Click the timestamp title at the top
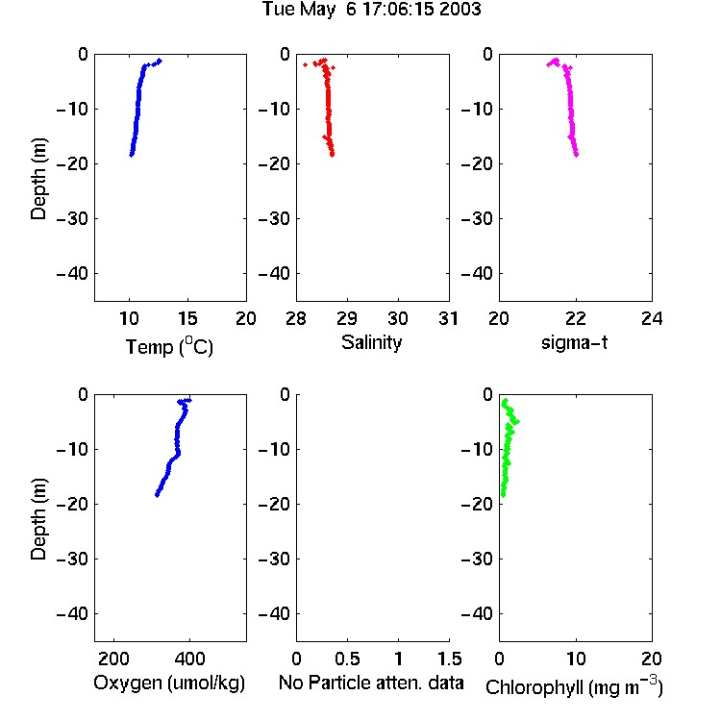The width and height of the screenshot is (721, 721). pyautogui.click(x=371, y=10)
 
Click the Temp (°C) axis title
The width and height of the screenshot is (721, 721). pyautogui.click(x=169, y=346)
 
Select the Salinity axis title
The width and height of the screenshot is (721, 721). pyautogui.click(x=371, y=342)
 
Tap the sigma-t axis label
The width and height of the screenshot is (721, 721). pyautogui.click(x=574, y=342)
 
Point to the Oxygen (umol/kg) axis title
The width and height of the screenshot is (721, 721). pyautogui.click(x=169, y=683)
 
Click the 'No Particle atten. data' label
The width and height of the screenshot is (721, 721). pyautogui.click(x=371, y=683)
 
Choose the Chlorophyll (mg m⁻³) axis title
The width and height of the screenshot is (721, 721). pyautogui.click(x=574, y=686)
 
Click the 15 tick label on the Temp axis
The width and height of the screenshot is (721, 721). pyautogui.click(x=187, y=318)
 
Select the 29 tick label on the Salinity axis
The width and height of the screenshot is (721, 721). pyautogui.click(x=347, y=318)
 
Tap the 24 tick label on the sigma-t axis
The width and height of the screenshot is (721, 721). pyautogui.click(x=652, y=318)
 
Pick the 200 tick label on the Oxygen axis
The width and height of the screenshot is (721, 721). pyautogui.click(x=113, y=659)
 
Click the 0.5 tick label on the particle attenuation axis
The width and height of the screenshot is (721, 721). pyautogui.click(x=347, y=659)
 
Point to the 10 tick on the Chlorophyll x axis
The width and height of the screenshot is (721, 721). pyautogui.click(x=576, y=659)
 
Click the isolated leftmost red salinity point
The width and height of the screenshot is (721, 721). pyautogui.click(x=306, y=64)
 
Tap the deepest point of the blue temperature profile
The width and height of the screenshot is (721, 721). pyautogui.click(x=132, y=155)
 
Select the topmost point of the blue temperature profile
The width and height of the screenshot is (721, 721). pyautogui.click(x=160, y=61)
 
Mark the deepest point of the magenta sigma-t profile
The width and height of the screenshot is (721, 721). pyautogui.click(x=576, y=155)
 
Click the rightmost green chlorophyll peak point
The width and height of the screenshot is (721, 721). pyautogui.click(x=517, y=421)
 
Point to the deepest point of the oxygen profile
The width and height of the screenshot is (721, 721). pyautogui.click(x=158, y=495)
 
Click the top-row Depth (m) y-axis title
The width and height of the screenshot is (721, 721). pyautogui.click(x=38, y=179)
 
